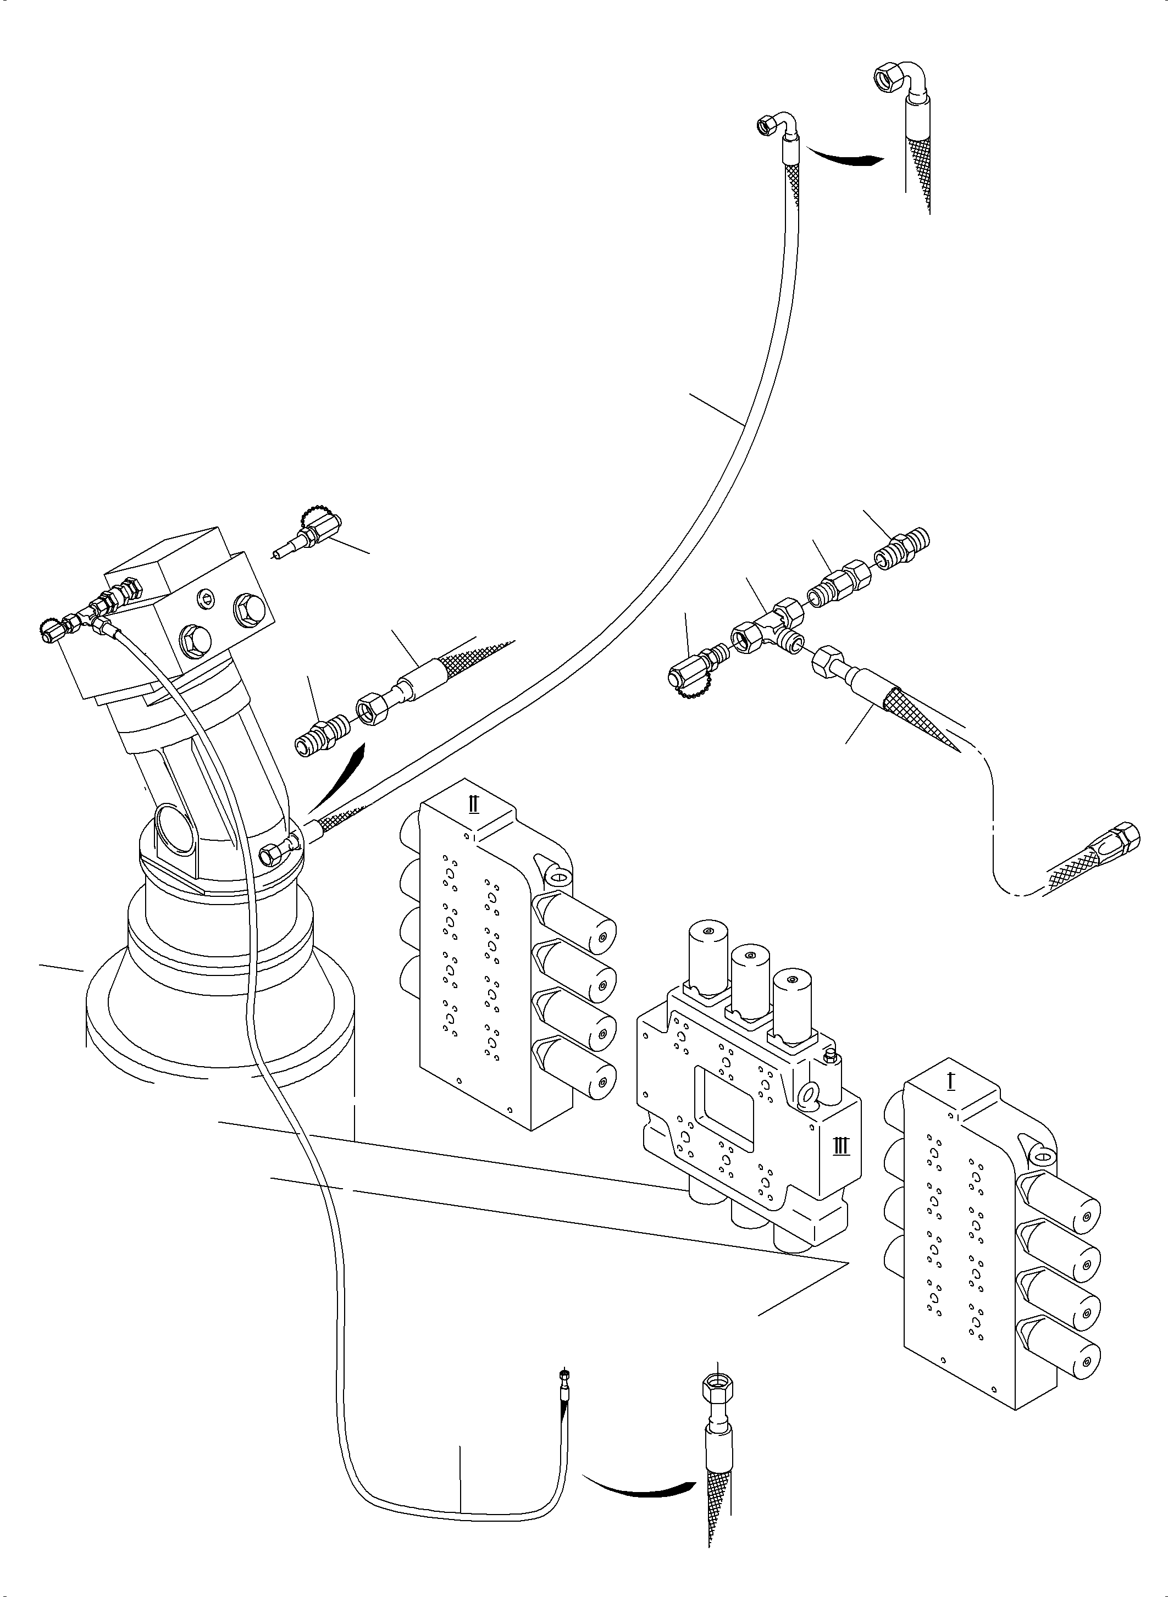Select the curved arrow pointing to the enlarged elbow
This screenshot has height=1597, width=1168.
tap(845, 156)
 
